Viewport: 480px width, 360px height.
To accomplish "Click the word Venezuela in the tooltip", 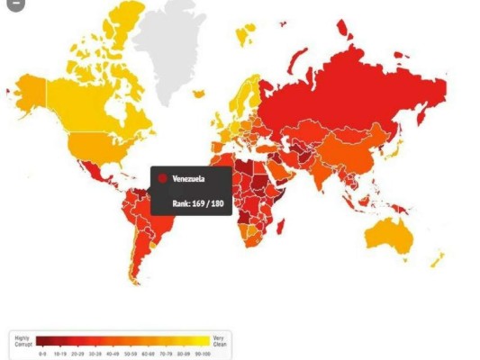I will pos(190,179).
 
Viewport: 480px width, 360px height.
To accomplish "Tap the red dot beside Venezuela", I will pos(163,179).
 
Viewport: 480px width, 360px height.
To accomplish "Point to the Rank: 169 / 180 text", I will pos(197,203).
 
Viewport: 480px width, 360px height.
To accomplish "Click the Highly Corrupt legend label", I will pos(23,339).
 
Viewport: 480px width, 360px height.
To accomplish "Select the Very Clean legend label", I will pos(220,339).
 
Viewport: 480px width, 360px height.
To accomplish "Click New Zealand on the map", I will pos(439,259).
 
